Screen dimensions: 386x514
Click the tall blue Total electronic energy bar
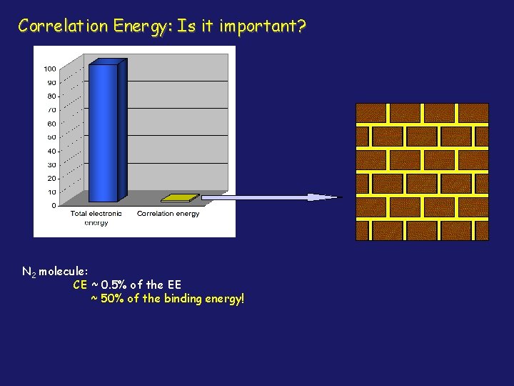point(104,132)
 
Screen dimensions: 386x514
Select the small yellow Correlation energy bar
point(180,197)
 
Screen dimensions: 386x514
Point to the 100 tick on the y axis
point(50,69)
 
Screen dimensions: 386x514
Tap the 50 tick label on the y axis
point(51,137)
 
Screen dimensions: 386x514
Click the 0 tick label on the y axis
point(54,206)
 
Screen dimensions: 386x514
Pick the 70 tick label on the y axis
point(51,110)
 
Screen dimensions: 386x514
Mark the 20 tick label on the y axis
point(51,179)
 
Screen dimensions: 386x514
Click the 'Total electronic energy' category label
point(96,217)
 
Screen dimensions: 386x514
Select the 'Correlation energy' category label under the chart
point(168,214)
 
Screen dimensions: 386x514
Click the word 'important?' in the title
point(263,27)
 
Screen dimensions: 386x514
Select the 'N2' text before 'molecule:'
point(29,272)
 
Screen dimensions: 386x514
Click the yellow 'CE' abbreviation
point(81,284)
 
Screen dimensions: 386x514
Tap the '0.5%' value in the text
point(116,284)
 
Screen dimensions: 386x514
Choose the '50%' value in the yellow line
point(110,297)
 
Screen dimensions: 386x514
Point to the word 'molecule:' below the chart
point(64,272)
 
